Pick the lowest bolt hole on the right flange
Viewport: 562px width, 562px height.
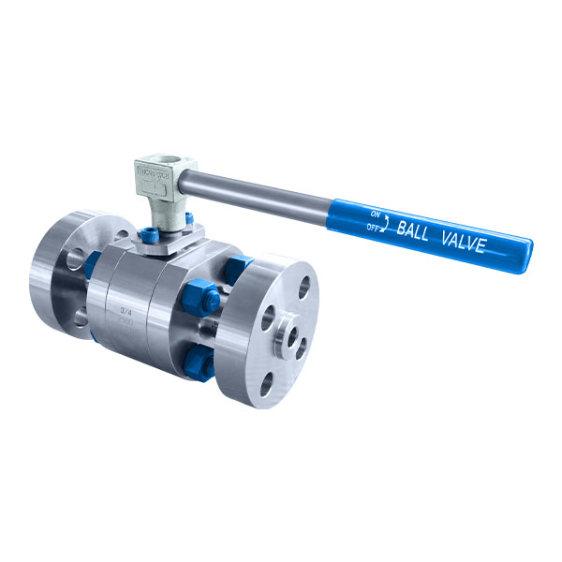(269, 381)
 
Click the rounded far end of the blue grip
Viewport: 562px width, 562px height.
(527, 251)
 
